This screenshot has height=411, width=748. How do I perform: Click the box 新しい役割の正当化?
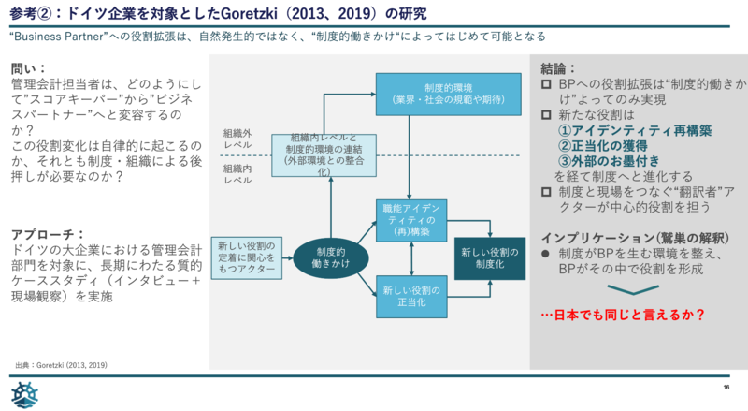[411, 297]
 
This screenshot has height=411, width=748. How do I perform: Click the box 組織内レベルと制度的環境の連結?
[324, 154]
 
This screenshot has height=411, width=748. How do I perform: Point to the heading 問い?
[27, 69]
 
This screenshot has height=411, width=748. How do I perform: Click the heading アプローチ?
[47, 233]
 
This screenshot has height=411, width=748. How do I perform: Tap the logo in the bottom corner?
[25, 393]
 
